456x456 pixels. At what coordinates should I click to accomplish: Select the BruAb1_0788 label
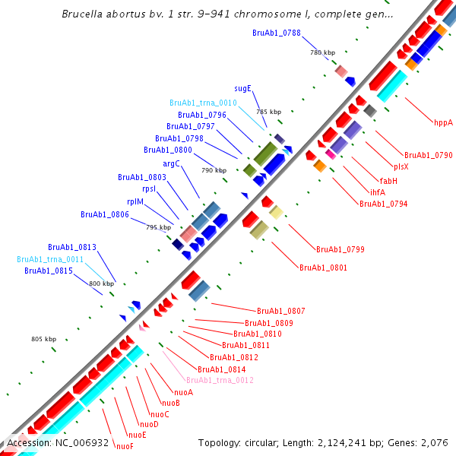pos(277,33)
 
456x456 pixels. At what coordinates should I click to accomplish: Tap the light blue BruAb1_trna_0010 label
pos(203,103)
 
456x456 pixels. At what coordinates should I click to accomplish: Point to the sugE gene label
pos(245,88)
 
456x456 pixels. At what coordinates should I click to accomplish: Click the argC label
pos(171,163)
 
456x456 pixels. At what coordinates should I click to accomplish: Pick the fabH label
pos(388,180)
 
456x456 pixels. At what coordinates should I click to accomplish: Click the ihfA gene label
pos(377,192)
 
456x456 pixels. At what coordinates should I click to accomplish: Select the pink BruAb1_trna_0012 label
pos(220,380)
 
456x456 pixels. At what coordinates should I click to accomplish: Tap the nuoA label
pos(183,392)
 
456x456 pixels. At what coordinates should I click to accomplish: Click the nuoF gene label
pos(125,446)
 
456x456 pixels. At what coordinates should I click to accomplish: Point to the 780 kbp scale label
pos(322,52)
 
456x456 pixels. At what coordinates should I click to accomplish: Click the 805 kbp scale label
pos(43,339)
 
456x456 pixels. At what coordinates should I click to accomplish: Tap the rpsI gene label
pos(149,189)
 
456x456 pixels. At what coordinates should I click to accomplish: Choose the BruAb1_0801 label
pos(323,268)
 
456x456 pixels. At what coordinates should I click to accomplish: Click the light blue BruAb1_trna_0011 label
pos(50,259)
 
